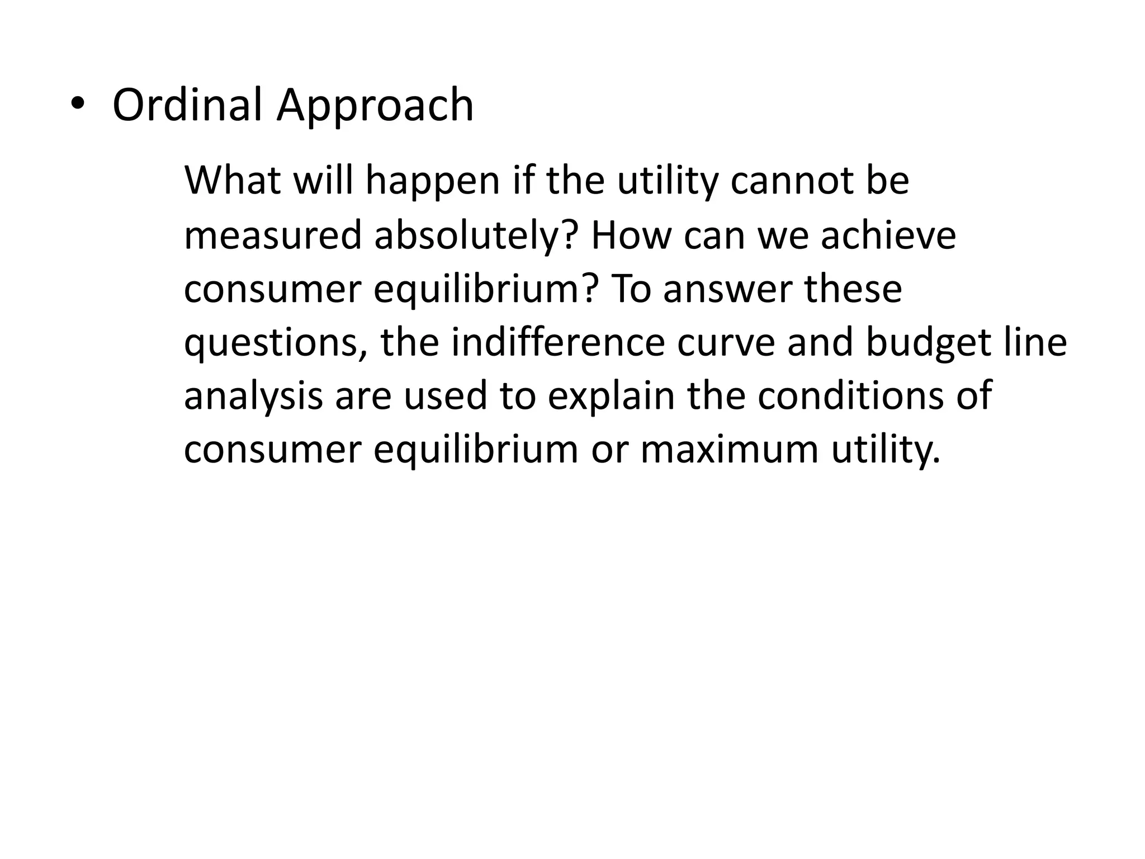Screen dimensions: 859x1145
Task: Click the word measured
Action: [273, 235]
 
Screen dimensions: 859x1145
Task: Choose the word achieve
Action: [888, 235]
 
